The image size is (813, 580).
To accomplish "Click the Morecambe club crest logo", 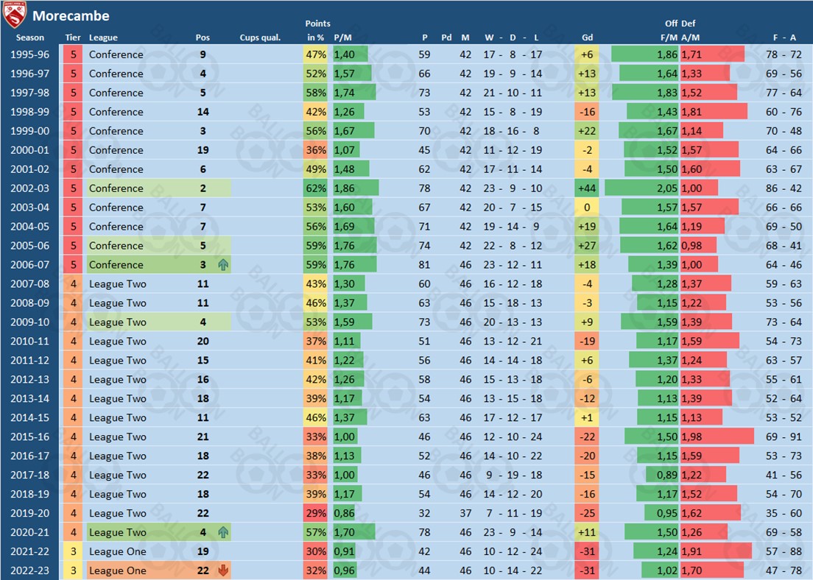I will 15,15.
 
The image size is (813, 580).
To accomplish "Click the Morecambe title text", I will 71,15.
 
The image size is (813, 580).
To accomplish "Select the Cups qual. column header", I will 260,38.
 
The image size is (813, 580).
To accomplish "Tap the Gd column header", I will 587,38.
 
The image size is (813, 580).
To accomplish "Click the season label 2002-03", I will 30,188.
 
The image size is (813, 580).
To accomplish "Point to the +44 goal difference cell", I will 587,188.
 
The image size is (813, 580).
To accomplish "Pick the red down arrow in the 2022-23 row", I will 223,570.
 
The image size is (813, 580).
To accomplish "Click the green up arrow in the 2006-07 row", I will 222,265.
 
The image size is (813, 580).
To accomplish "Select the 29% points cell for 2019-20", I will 315,514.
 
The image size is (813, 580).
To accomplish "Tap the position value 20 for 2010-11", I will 203,342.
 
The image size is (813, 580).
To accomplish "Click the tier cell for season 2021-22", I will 73,552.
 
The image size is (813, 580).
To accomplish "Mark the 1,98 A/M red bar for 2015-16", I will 717,437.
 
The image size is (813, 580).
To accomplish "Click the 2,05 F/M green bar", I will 641,188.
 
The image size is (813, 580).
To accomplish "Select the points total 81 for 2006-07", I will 425,265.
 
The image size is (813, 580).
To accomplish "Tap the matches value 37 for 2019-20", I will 465,514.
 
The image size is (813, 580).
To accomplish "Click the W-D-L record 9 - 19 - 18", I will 512,475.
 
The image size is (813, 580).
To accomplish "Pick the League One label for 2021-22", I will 117,552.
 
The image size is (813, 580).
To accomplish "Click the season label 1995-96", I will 30,54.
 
